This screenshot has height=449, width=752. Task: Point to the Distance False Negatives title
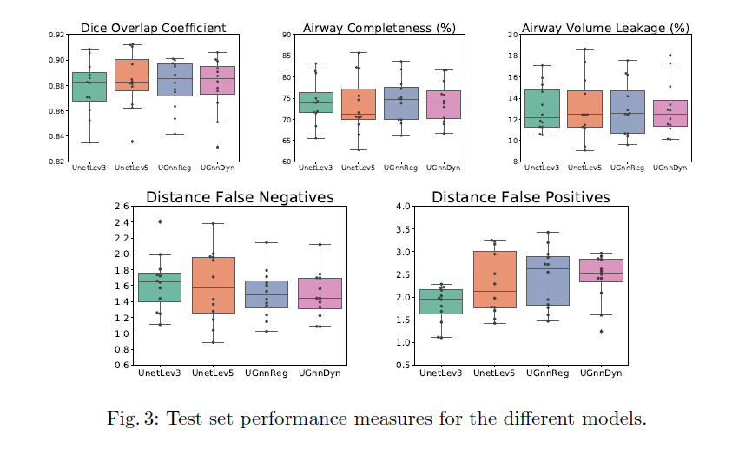click(x=241, y=197)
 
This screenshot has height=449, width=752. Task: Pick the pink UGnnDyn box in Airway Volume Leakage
click(x=670, y=114)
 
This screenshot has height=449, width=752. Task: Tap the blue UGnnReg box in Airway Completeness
click(x=401, y=103)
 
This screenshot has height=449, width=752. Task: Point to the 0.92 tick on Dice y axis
click(x=56, y=35)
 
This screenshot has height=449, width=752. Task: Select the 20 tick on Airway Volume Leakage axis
click(x=513, y=35)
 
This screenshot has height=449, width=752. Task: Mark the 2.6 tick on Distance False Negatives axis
click(x=122, y=207)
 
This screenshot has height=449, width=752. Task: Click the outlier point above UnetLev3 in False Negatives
click(x=160, y=221)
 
